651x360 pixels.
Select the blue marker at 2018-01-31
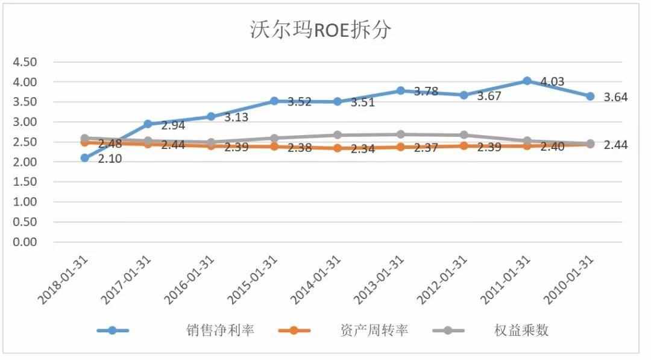[85, 157]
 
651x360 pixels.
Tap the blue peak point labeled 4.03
[527, 81]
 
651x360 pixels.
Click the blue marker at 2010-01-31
[590, 96]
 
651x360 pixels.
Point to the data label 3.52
[299, 102]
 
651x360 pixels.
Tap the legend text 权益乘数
[521, 330]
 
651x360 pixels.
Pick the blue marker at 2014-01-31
[338, 101]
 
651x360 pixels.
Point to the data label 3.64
[615, 97]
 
